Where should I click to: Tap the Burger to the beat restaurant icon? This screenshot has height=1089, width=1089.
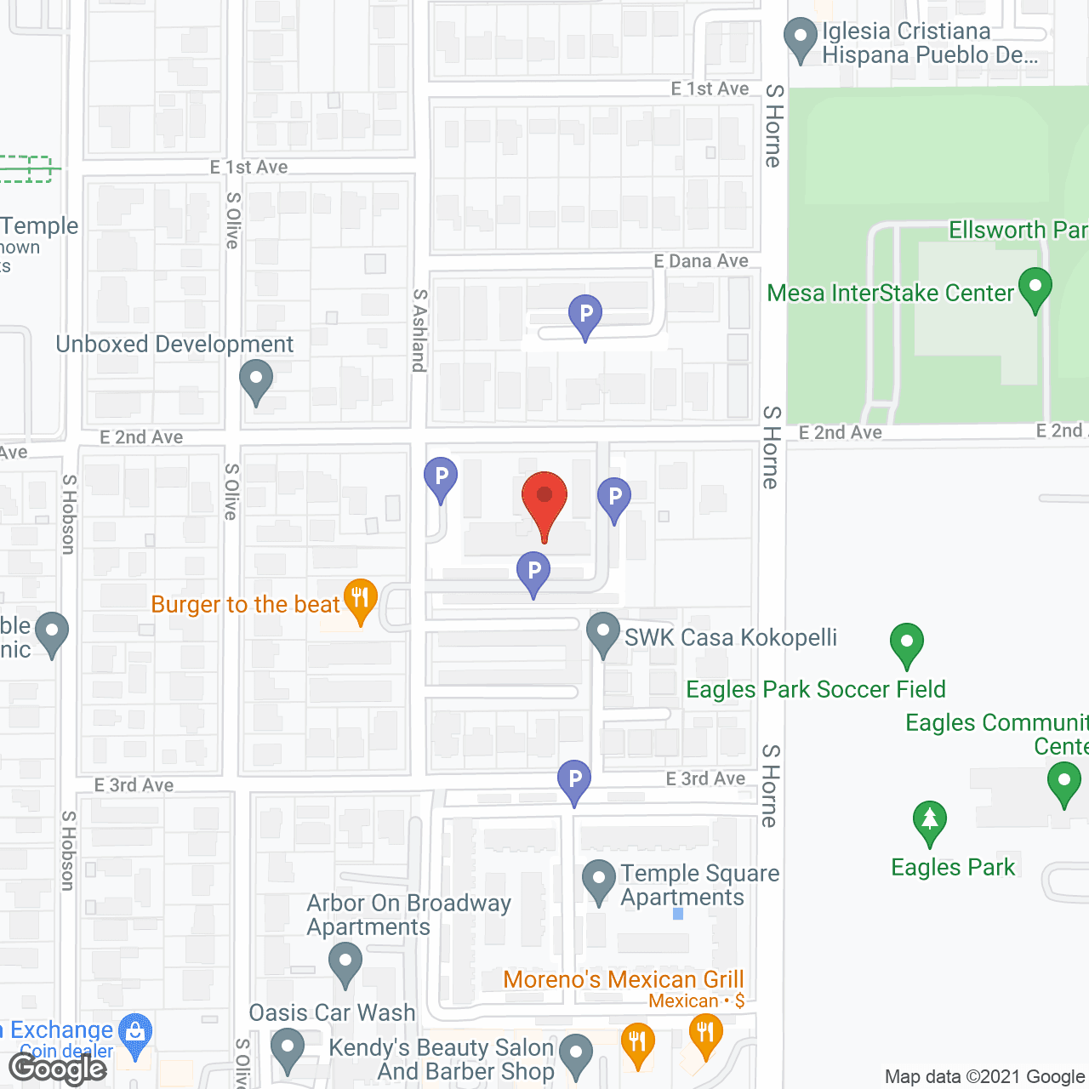point(361,599)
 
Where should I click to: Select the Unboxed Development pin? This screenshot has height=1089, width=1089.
point(255,380)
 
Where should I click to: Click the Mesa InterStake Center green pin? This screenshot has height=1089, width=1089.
point(1035,288)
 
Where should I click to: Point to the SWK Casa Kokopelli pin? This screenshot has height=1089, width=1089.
point(603,634)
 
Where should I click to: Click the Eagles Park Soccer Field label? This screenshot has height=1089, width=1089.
point(815,689)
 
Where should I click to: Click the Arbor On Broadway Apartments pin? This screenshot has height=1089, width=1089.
point(345,963)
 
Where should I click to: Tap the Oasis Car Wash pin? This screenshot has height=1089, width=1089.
point(288,1048)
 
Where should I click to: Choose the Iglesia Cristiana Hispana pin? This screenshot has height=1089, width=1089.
point(800,38)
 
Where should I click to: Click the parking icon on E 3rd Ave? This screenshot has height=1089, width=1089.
point(574,780)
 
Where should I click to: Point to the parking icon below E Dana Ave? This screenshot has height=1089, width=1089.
point(585,316)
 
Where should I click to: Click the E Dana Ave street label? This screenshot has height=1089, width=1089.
point(701,261)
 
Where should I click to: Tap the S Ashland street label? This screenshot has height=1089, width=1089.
point(419,330)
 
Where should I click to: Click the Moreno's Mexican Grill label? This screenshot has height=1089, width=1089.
point(624,979)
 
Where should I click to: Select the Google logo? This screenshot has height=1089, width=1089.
point(58,1069)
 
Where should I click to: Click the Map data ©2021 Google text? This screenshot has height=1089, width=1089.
point(985,1077)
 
